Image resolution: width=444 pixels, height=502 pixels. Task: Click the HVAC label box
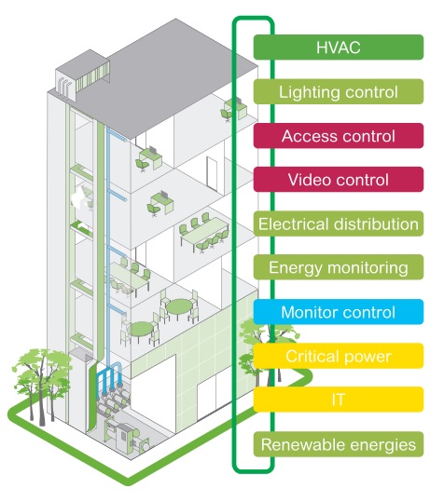tap(339, 47)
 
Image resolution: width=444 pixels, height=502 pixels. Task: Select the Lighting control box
tap(339, 91)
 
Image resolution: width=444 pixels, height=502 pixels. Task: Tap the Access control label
tap(339, 136)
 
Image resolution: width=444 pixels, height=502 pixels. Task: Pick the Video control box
tap(339, 179)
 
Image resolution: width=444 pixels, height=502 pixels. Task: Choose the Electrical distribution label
tap(339, 224)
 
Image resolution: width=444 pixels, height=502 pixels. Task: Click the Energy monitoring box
tap(339, 267)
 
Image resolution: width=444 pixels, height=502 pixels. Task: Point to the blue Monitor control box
tap(339, 312)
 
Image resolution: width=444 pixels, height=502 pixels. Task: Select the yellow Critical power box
tap(339, 356)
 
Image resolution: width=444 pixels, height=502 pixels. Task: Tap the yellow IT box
tap(339, 400)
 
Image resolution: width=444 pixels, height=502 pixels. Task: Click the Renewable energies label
tap(339, 444)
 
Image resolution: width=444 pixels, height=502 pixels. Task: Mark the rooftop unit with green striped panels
tap(83, 75)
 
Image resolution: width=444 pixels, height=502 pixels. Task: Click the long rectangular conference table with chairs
tap(204, 232)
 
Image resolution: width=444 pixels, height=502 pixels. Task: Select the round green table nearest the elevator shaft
tap(140, 331)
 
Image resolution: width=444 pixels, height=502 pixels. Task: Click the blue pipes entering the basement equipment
tap(110, 377)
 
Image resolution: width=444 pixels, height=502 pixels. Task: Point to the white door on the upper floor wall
tap(212, 173)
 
